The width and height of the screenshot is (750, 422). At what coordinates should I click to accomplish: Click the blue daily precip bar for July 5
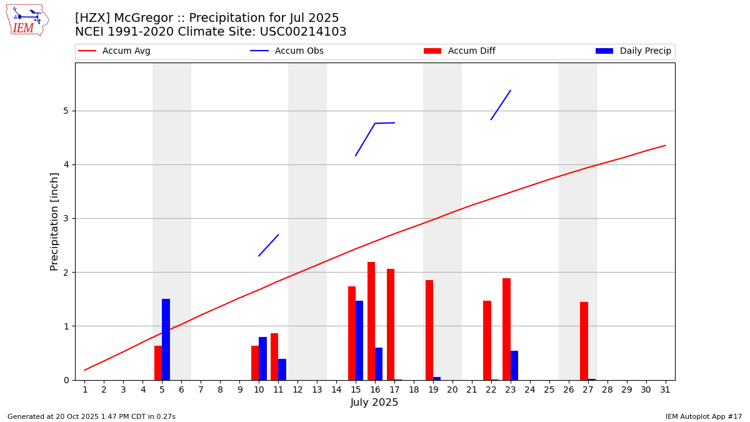166,339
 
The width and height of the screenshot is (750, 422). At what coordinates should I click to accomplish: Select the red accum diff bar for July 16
371,321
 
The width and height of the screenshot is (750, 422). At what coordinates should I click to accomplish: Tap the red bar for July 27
584,341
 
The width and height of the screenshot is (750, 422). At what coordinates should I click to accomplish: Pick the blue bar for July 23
514,365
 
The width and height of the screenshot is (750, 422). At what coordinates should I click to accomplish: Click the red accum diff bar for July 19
429,329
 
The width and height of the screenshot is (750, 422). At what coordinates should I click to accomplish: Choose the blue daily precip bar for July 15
359,340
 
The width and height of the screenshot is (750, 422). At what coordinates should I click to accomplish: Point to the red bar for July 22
487,340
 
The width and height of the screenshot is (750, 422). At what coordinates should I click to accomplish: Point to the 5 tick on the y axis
65,111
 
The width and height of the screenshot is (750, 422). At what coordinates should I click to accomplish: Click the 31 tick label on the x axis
665,390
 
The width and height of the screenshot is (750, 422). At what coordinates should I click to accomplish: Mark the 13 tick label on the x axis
317,390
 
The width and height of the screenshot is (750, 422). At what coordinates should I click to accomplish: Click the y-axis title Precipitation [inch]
54,221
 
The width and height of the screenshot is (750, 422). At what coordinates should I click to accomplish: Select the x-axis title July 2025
374,403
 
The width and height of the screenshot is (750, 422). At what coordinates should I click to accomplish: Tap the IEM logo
27,20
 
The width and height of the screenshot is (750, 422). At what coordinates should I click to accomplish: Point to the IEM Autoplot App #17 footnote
704,416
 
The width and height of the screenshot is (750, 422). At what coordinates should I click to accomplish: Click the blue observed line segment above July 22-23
501,104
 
